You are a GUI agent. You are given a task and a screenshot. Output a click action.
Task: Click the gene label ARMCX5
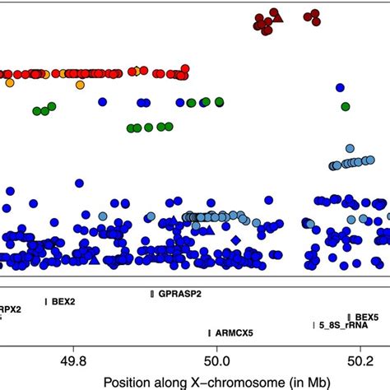pyautogui.click(x=234, y=333)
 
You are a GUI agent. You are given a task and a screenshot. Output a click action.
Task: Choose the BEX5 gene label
pyautogui.click(x=367, y=317)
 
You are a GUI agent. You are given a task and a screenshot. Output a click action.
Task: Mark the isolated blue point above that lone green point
pyautogui.click(x=338, y=86)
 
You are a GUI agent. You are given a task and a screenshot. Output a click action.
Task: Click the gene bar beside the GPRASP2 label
pyautogui.click(x=152, y=294)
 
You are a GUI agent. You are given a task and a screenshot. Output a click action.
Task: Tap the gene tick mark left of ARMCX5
pyautogui.click(x=208, y=333)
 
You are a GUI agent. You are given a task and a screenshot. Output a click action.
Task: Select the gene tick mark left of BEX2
pyautogui.click(x=46, y=302)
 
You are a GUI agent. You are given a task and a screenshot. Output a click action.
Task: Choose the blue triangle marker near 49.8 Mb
pyautogui.click(x=94, y=259)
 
